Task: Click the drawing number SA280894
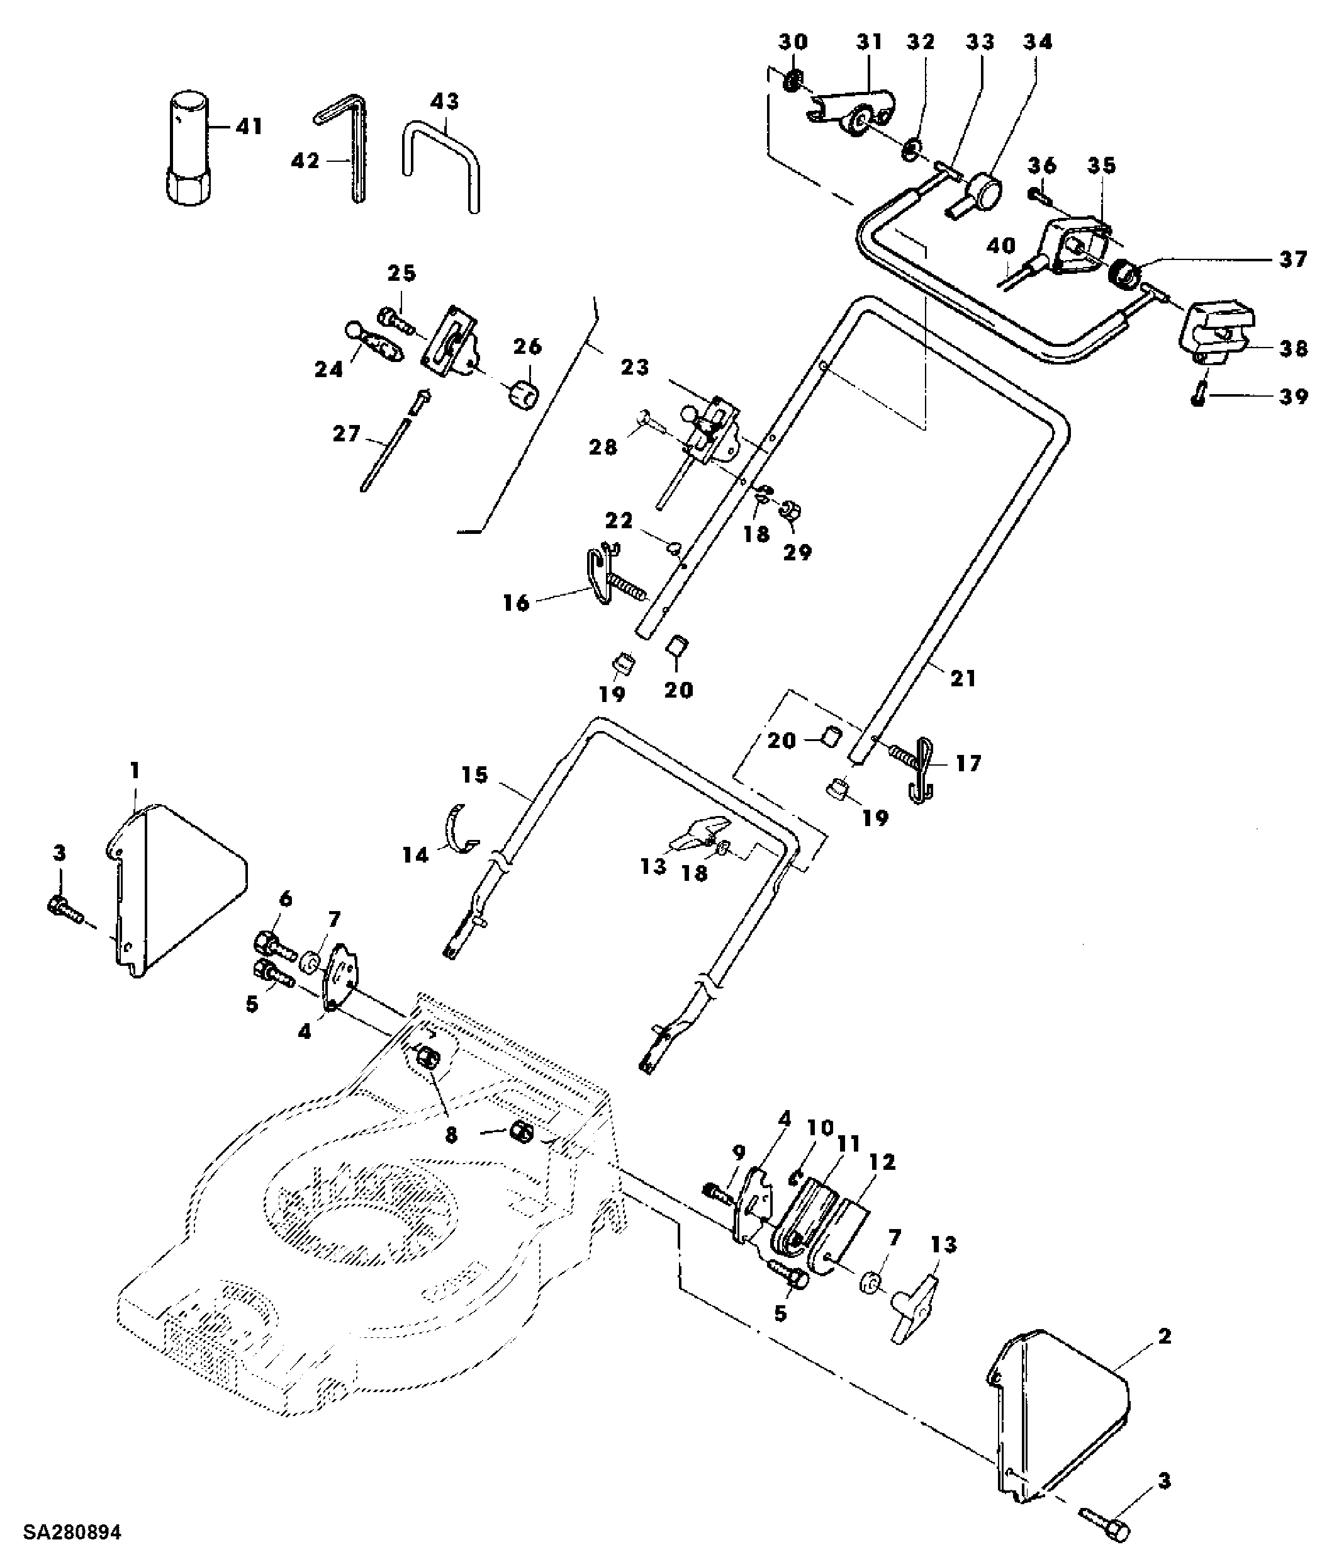point(72,1533)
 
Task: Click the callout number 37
point(1293,259)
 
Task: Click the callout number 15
point(475,775)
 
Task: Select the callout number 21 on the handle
point(963,679)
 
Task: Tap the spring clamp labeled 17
point(919,768)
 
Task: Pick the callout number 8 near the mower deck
point(451,1135)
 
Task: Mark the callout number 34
point(1037,42)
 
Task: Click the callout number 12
point(882,1162)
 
